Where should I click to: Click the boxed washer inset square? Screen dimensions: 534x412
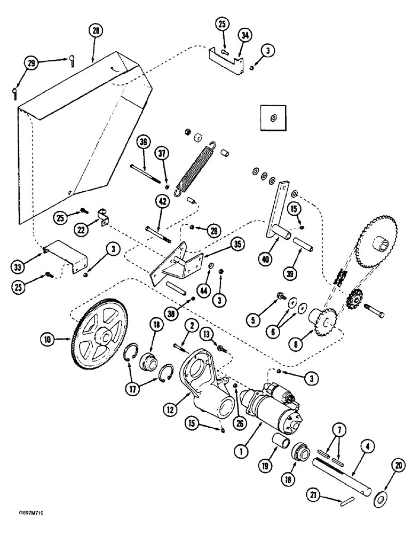tap(273, 117)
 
